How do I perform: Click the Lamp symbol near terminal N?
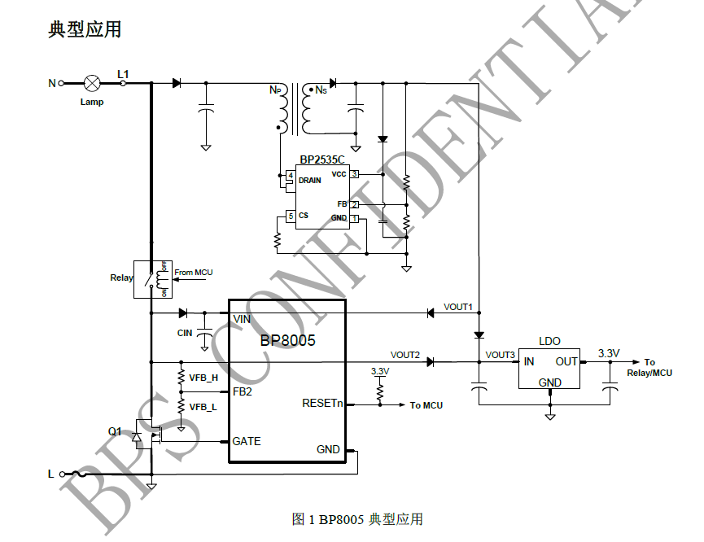93,83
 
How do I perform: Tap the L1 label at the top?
123,74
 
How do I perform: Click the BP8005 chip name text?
287,340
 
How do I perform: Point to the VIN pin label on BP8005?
242,319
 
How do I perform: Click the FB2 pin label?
243,391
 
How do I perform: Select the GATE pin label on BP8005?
247,441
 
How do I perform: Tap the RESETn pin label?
322,403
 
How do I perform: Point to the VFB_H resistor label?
203,378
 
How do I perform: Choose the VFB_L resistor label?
203,406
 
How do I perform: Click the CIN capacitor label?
185,333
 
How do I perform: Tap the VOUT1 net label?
457,307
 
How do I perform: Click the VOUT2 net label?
405,355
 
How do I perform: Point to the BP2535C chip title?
321,160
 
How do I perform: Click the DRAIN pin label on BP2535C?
309,180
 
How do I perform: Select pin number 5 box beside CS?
290,216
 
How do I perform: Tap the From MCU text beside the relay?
193,273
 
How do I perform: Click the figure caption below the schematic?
357,519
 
